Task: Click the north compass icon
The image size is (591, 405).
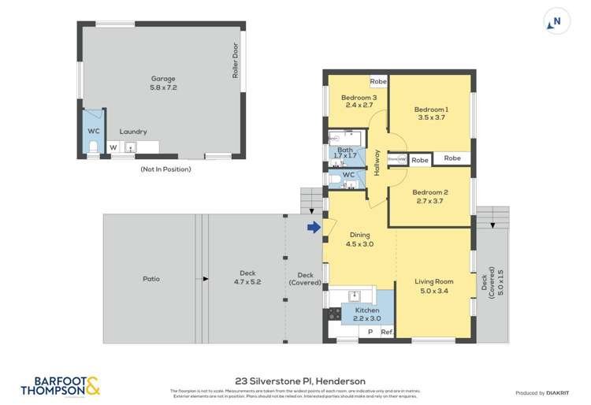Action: coord(556,22)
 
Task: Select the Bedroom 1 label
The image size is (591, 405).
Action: coord(431,114)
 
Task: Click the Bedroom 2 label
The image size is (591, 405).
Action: coord(429,197)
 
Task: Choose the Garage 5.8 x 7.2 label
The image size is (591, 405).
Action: coord(163,83)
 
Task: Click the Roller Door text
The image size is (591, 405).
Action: coord(235,59)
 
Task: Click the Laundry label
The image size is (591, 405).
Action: coord(133,132)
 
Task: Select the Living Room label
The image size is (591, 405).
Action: coord(434,286)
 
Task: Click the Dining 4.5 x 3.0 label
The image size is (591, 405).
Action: coord(359,240)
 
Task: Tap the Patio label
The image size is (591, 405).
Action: coord(151,278)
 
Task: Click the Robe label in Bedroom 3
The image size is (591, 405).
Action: coord(378,81)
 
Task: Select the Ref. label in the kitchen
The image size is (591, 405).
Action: coord(386,333)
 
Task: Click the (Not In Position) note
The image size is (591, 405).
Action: coord(165,169)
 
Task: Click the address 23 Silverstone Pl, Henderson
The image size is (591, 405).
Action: coord(295,379)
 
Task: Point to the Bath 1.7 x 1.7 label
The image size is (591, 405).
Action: coord(345,153)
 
